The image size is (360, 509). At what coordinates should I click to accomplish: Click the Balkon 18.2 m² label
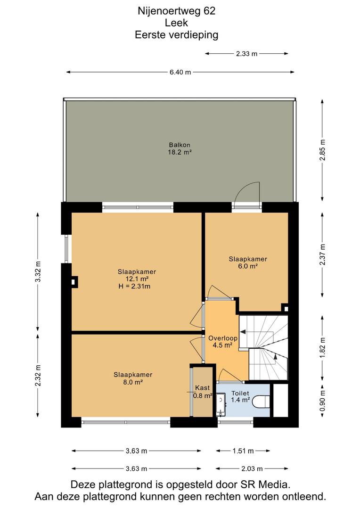pos(180,148)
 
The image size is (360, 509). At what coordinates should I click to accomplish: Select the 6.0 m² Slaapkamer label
pos(248,263)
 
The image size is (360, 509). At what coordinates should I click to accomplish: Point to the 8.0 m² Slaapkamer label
pos(133,378)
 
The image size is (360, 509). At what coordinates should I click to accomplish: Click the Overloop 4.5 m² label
pos(223,342)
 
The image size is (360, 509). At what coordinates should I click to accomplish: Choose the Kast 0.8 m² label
pos(203,392)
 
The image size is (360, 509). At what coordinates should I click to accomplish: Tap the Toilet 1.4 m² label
pos(240,396)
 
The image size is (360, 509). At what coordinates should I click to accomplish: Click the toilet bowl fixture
pos(262,402)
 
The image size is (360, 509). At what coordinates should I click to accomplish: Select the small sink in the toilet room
pos(221,404)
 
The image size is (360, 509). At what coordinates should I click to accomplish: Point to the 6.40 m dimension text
pos(180,72)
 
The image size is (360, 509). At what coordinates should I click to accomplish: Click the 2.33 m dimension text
pos(247,54)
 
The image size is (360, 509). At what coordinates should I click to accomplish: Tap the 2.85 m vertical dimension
pos(322,150)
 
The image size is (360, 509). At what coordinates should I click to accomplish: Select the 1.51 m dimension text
pos(243,451)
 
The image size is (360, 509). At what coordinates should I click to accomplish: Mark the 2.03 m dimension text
pos(252,468)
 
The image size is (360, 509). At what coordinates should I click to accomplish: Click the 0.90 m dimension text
pos(322,401)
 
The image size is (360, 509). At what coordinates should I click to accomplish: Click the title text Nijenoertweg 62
pos(177,11)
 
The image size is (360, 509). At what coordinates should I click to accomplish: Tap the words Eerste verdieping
pos(177,35)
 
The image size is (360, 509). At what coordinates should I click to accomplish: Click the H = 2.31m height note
pos(134,287)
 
